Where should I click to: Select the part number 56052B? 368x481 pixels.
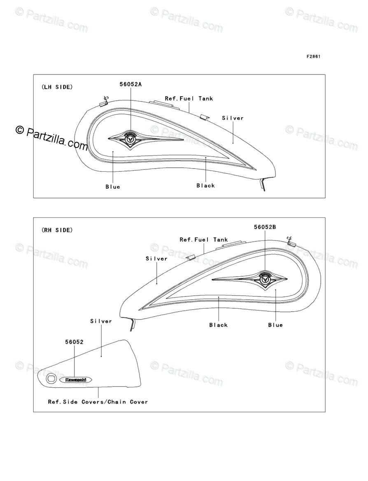pyautogui.click(x=265, y=227)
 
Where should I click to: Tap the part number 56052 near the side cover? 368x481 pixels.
pyautogui.click(x=75, y=341)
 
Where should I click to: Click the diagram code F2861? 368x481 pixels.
pyautogui.click(x=313, y=57)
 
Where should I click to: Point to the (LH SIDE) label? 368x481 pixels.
pyautogui.click(x=57, y=87)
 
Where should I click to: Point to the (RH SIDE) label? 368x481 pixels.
pyautogui.click(x=57, y=230)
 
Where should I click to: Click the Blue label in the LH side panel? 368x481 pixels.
pyautogui.click(x=113, y=187)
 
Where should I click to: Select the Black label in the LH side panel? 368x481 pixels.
pyautogui.click(x=205, y=185)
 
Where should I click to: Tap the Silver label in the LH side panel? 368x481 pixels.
pyautogui.click(x=233, y=118)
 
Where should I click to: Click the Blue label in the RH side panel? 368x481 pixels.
pyautogui.click(x=275, y=325)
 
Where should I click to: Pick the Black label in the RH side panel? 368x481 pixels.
pyautogui.click(x=218, y=325)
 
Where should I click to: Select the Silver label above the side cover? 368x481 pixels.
pyautogui.click(x=101, y=321)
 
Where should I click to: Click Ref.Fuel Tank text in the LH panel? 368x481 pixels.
pyautogui.click(x=189, y=99)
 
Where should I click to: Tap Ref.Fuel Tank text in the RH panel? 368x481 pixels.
pyautogui.click(x=204, y=239)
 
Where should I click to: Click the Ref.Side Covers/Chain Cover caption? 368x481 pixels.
pyautogui.click(x=98, y=402)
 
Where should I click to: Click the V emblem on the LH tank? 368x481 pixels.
pyautogui.click(x=130, y=139)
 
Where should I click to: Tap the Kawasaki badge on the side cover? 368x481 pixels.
pyautogui.click(x=76, y=380)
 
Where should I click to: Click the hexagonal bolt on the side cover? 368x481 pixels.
pyautogui.click(x=51, y=379)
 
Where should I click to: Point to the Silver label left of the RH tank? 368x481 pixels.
pyautogui.click(x=156, y=259)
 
